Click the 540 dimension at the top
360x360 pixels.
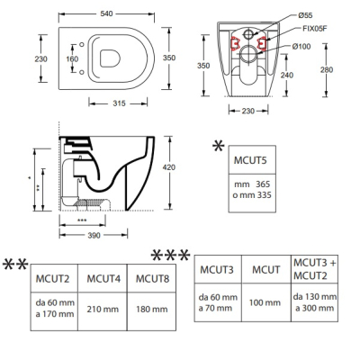pos(106,13)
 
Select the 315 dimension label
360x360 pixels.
pos(119,103)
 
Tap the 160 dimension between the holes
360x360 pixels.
pos(72,58)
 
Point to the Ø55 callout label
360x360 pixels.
pos(305,15)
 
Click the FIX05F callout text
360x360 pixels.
pos(315,29)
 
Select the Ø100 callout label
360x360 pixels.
pos(301,47)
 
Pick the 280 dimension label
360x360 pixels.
pos(327,70)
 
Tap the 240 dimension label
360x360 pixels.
pos(287,75)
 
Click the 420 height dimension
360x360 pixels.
pos(169,167)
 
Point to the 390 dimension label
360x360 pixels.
pos(94,236)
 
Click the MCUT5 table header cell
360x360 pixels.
pos(252,160)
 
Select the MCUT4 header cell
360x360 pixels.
pos(103,278)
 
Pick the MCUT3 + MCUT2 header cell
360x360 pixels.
pos(314,269)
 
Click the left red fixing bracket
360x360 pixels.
pos(235,43)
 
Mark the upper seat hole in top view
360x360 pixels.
pos(82,45)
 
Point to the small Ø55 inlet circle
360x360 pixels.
pos(248,34)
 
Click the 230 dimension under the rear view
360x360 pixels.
pos(248,112)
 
